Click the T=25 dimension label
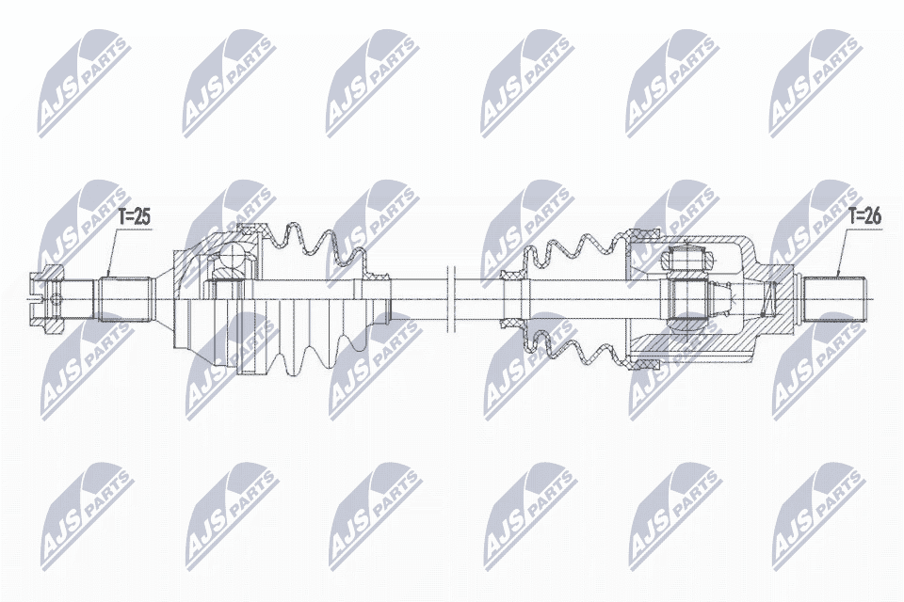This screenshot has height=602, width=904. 134,217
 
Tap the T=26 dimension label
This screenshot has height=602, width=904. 864,216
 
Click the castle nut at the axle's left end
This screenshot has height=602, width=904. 45,298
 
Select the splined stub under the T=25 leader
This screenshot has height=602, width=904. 125,298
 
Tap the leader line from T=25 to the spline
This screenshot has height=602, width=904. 112,252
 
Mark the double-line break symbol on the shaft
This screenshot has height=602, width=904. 451,298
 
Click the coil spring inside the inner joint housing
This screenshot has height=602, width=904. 767,299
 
